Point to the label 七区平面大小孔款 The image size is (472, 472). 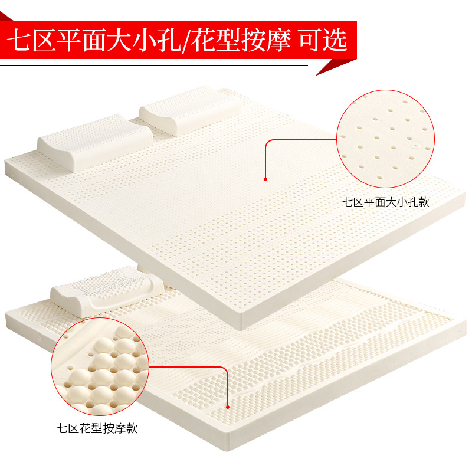click(x=386, y=201)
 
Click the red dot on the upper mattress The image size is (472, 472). click(x=265, y=179)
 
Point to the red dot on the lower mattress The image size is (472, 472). click(x=228, y=405)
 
